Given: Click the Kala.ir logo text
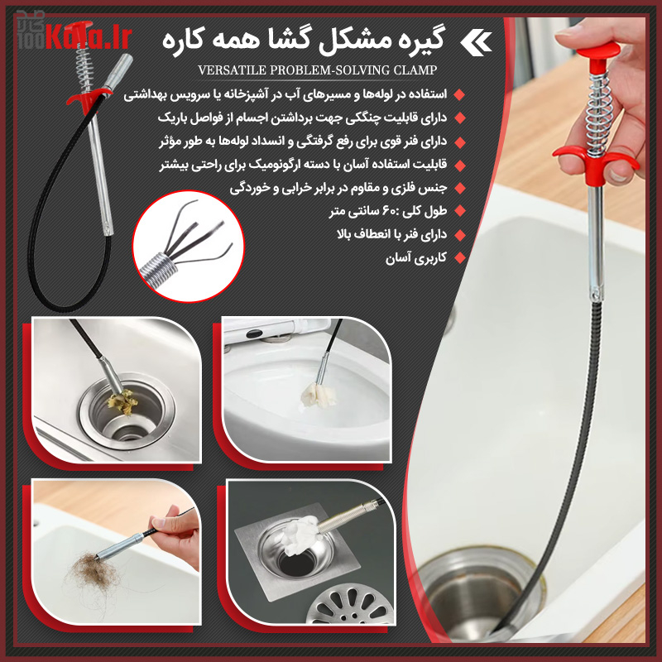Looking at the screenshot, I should [x=99, y=36].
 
